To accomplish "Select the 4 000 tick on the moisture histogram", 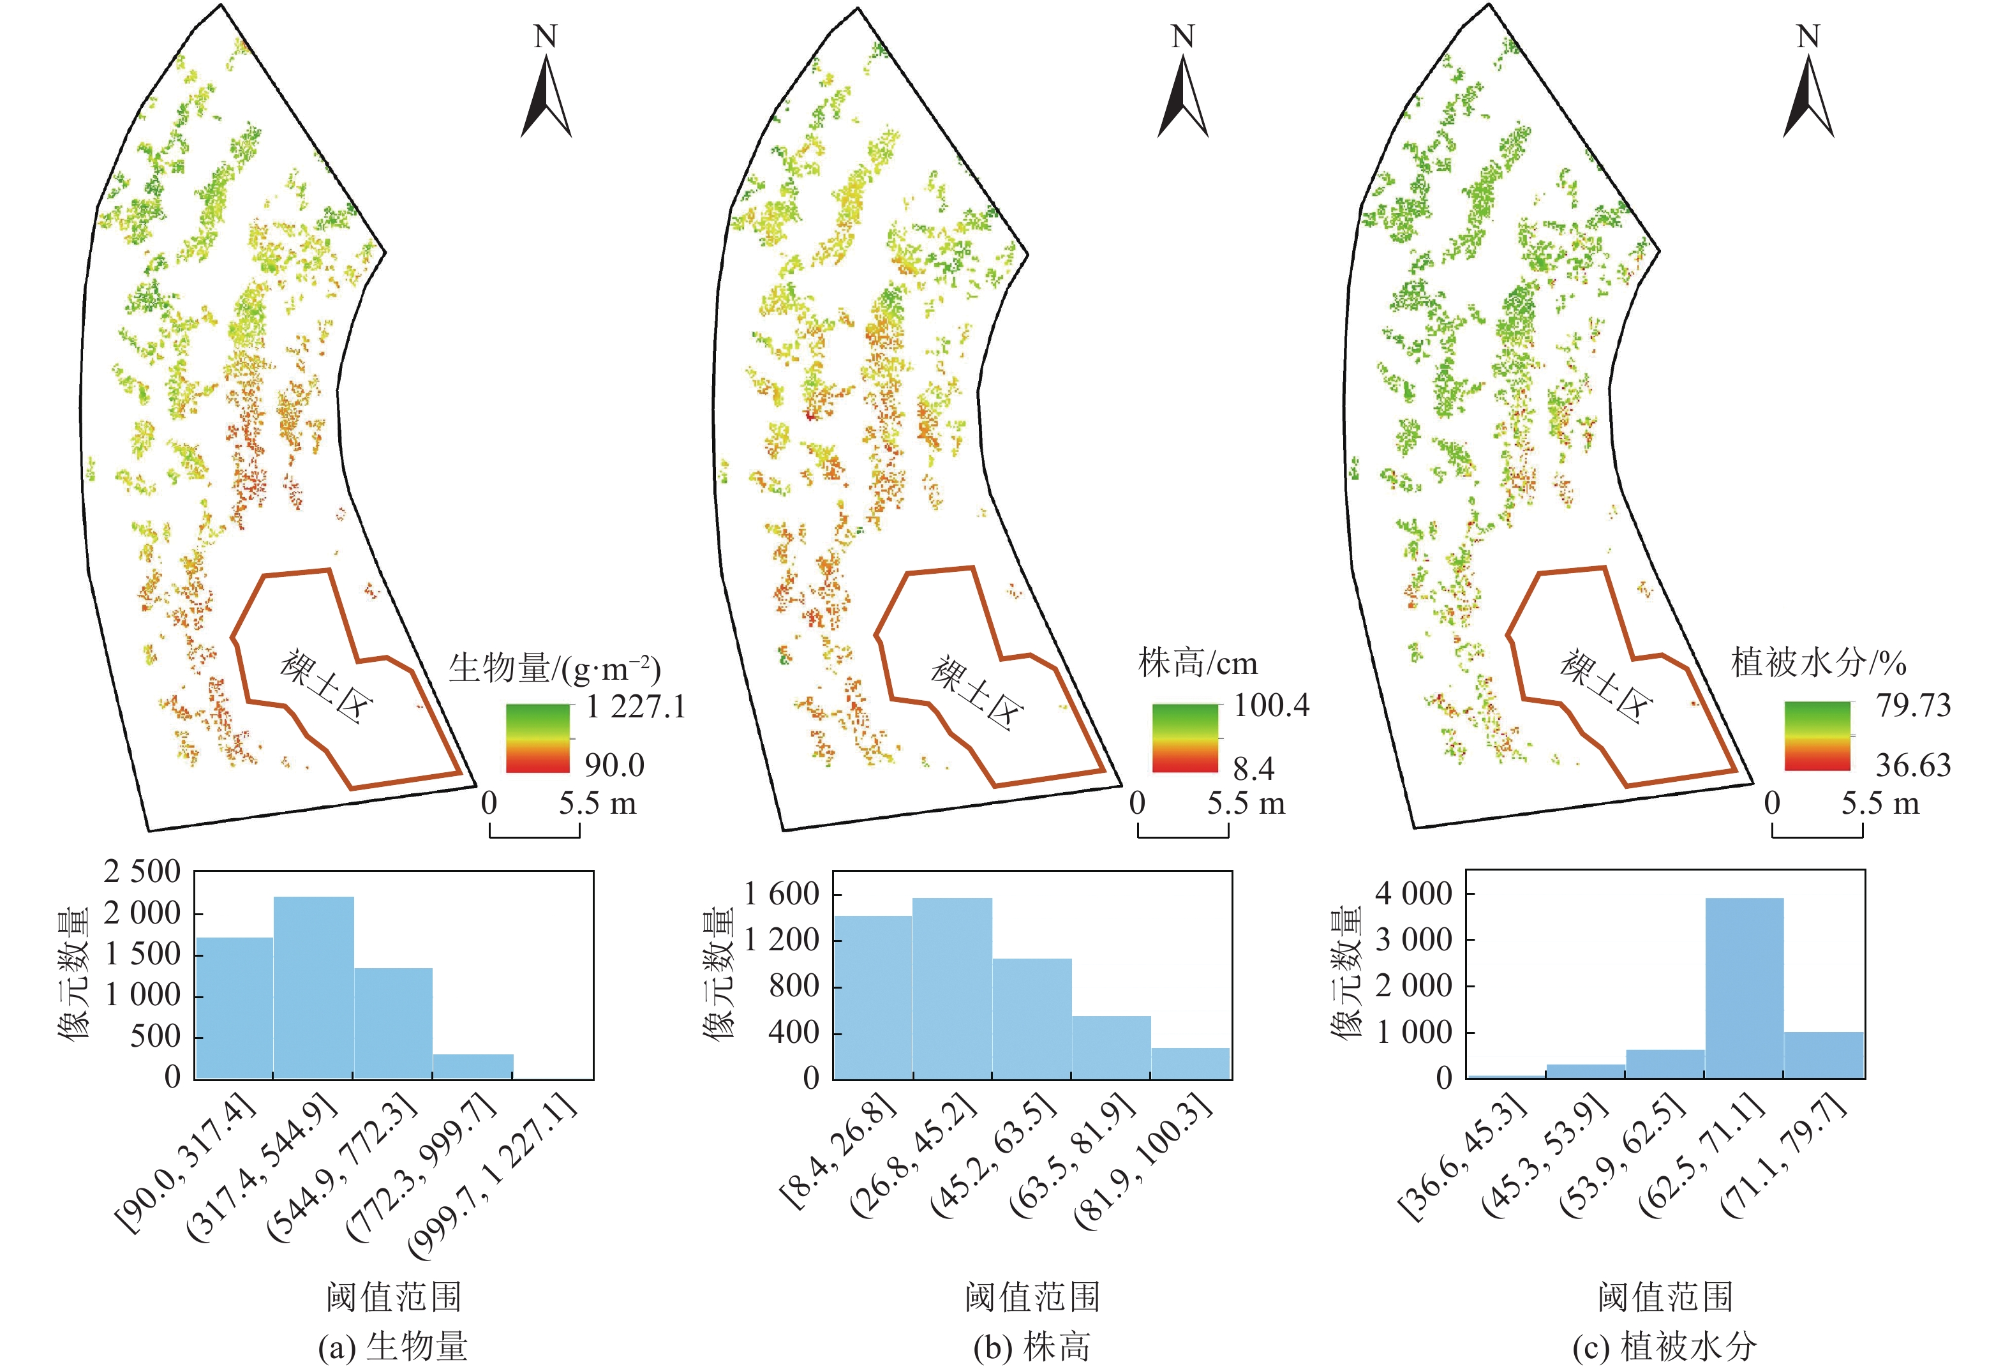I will coord(1413,894).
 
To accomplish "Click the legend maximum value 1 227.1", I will coord(636,707).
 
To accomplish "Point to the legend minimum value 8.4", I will coord(1253,768).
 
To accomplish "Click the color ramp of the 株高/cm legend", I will coord(1185,738).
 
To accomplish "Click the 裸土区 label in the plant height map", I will coord(976,692).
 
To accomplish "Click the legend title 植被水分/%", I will coord(1818,663).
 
